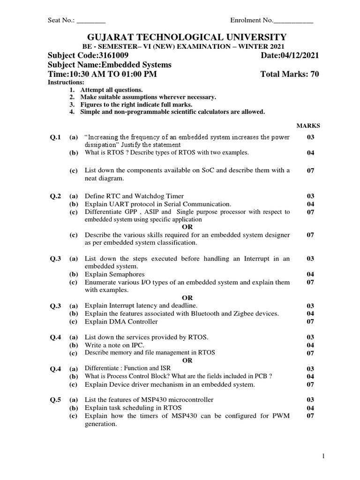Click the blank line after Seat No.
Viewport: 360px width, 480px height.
click(91, 21)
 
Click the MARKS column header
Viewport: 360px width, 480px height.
click(308, 126)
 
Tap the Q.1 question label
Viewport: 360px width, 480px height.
click(56, 137)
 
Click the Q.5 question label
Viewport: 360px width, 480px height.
click(56, 400)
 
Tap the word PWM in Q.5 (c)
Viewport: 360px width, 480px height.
click(280, 416)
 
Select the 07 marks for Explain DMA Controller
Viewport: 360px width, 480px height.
click(310, 322)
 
